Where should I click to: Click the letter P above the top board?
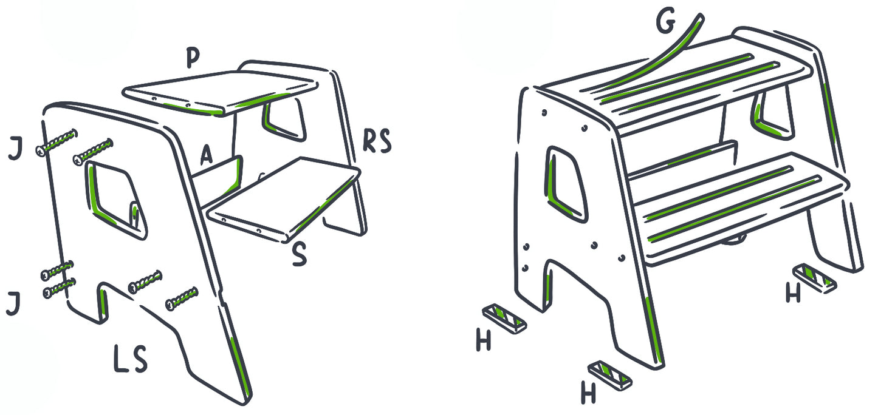point(193,58)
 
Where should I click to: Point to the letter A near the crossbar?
point(206,155)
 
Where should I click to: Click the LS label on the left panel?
point(131,359)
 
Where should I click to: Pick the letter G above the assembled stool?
point(666,20)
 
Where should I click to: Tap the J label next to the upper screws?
point(15,150)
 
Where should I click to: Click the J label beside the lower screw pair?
point(13,304)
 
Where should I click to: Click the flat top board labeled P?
point(221,92)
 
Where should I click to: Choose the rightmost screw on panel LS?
point(182,299)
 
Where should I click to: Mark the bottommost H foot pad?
point(610,375)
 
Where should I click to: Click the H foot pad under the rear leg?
point(815,278)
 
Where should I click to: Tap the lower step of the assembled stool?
point(741,211)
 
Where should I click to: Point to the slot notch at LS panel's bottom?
point(103,302)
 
